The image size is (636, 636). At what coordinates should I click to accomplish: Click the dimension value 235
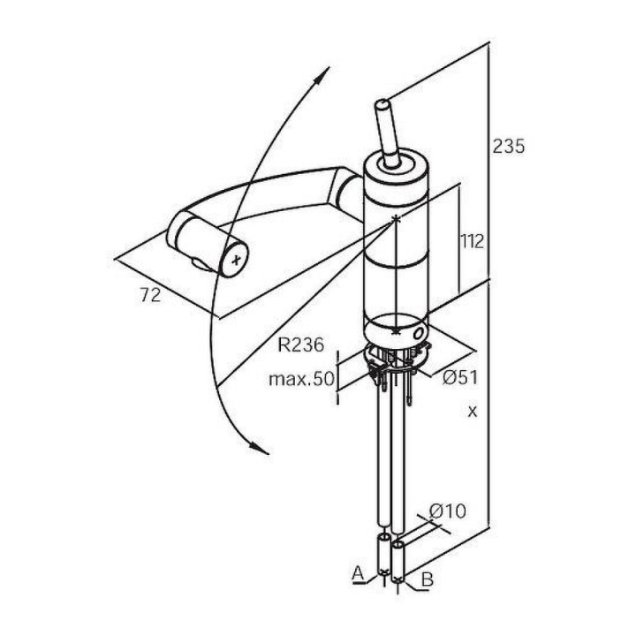tap(509, 146)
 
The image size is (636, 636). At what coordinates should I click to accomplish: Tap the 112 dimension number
tap(473, 242)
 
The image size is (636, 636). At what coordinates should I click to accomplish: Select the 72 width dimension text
tap(150, 295)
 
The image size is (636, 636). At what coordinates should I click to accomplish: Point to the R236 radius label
tap(301, 344)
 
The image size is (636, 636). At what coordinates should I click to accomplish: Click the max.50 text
tap(302, 379)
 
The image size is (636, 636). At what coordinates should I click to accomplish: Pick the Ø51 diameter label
tap(460, 378)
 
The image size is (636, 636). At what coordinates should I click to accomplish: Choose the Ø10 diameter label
tap(448, 511)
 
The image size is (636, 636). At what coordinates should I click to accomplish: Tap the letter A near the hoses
tap(358, 573)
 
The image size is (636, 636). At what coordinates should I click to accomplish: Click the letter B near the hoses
tap(428, 579)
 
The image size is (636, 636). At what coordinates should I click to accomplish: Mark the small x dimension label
tap(473, 413)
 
